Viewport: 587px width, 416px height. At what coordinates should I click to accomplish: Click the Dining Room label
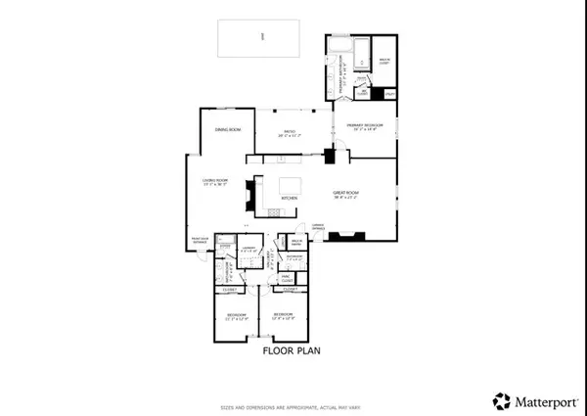pos(228,129)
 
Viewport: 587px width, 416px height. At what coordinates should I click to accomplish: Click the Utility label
pos(388,93)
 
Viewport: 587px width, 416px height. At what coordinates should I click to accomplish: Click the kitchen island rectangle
pos(292,185)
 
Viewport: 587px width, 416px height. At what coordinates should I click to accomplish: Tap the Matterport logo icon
pos(501,400)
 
